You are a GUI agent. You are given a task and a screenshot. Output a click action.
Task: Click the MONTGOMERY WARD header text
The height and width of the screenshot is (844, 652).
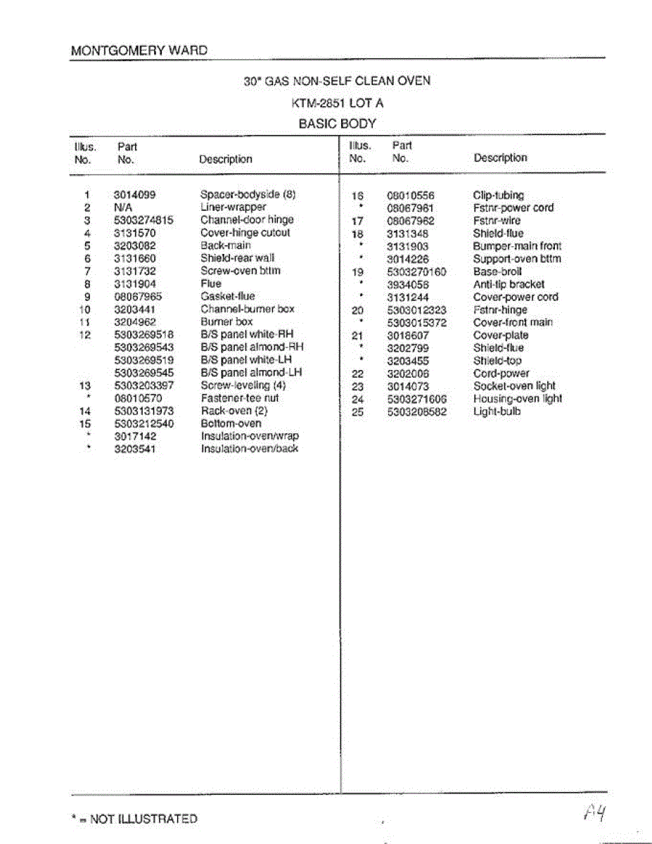(x=139, y=51)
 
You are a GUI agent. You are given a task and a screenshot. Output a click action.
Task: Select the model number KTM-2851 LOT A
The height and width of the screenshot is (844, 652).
(x=338, y=103)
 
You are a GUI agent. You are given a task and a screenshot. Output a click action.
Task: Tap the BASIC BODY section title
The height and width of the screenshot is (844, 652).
(x=338, y=124)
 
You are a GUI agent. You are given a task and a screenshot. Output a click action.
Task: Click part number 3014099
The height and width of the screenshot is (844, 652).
(x=134, y=195)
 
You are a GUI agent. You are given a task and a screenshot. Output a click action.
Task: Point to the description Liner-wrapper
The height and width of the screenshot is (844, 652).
(x=234, y=207)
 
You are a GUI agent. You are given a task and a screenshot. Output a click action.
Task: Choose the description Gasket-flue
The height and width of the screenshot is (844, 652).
(x=228, y=296)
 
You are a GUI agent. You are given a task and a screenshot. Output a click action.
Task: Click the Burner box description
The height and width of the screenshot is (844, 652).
(x=226, y=321)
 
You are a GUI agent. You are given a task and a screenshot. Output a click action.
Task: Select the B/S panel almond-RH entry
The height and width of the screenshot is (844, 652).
(x=253, y=347)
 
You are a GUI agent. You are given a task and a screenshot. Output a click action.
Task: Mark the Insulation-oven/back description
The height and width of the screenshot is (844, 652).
(x=250, y=449)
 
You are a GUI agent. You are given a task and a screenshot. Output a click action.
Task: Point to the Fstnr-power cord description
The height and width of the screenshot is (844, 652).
(x=513, y=208)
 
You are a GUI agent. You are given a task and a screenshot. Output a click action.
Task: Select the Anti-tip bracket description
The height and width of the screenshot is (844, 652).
(x=509, y=284)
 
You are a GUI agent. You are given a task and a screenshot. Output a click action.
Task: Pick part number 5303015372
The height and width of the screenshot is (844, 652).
(x=417, y=323)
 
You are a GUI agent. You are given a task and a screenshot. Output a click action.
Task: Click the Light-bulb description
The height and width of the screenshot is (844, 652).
(x=497, y=411)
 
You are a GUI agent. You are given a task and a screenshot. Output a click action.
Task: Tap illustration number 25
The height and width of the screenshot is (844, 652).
(x=357, y=412)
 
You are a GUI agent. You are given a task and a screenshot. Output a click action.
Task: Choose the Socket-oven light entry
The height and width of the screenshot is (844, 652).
(x=514, y=386)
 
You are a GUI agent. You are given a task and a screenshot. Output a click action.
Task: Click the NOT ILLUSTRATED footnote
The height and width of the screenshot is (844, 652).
(x=134, y=819)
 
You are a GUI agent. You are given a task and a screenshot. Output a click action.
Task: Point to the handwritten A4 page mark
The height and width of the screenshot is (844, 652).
(x=594, y=814)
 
